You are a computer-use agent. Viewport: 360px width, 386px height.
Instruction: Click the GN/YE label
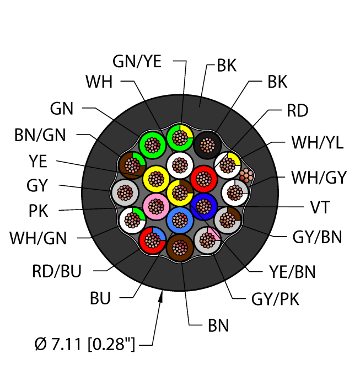pos(137,62)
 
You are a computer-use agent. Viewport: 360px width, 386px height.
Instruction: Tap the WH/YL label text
pos(318,143)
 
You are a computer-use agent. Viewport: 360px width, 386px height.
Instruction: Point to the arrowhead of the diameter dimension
pos(162,298)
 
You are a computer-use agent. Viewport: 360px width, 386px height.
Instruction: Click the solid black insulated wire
pos(207,146)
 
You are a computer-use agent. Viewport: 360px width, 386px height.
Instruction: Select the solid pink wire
pos(156,206)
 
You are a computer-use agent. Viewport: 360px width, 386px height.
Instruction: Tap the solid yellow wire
pos(156,179)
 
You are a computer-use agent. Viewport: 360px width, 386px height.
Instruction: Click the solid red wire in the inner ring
pos(204,178)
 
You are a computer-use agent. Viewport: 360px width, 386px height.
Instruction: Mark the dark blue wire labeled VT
pos(204,207)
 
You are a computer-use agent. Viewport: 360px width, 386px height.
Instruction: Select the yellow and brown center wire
pos(180,192)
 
